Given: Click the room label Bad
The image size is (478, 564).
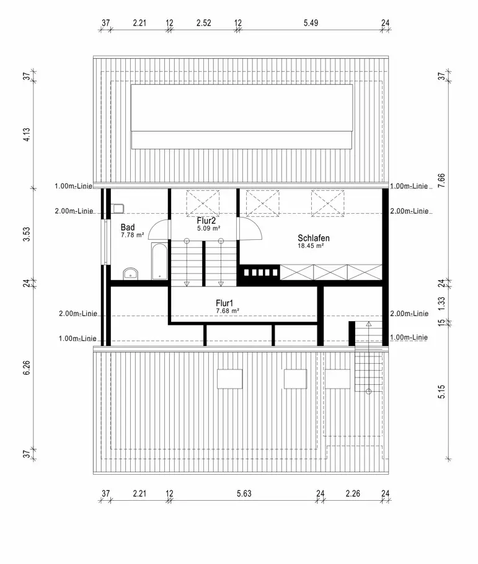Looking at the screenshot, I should (x=128, y=227).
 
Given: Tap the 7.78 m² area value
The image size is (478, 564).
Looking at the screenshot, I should (x=133, y=236).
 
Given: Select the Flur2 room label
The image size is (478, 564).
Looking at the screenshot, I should (x=206, y=220).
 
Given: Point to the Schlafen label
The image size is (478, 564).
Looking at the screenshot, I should (x=313, y=238).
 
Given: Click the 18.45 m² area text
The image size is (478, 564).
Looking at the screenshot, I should (x=312, y=246).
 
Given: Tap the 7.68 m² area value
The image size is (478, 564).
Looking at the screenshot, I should (x=228, y=311).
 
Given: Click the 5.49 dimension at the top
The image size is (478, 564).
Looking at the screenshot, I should (x=311, y=24).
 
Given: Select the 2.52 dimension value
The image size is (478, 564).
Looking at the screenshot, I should (x=203, y=24).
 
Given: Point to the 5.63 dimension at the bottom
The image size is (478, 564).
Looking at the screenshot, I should (x=244, y=494).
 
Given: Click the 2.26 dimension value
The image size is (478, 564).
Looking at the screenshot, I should (x=353, y=494).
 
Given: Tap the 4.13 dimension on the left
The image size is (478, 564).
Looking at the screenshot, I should (x=27, y=135).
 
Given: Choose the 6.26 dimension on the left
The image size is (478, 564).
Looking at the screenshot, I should (x=27, y=376).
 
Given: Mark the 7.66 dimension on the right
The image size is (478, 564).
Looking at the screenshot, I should (x=441, y=181).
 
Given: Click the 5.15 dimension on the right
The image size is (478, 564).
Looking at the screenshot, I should (x=441, y=392).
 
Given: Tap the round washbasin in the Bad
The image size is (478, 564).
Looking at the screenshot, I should (x=130, y=273).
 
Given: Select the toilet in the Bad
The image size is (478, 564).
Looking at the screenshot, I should (x=118, y=208).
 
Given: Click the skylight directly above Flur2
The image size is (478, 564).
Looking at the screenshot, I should (x=203, y=201).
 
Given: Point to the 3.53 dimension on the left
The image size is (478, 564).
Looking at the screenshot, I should (x=27, y=237).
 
